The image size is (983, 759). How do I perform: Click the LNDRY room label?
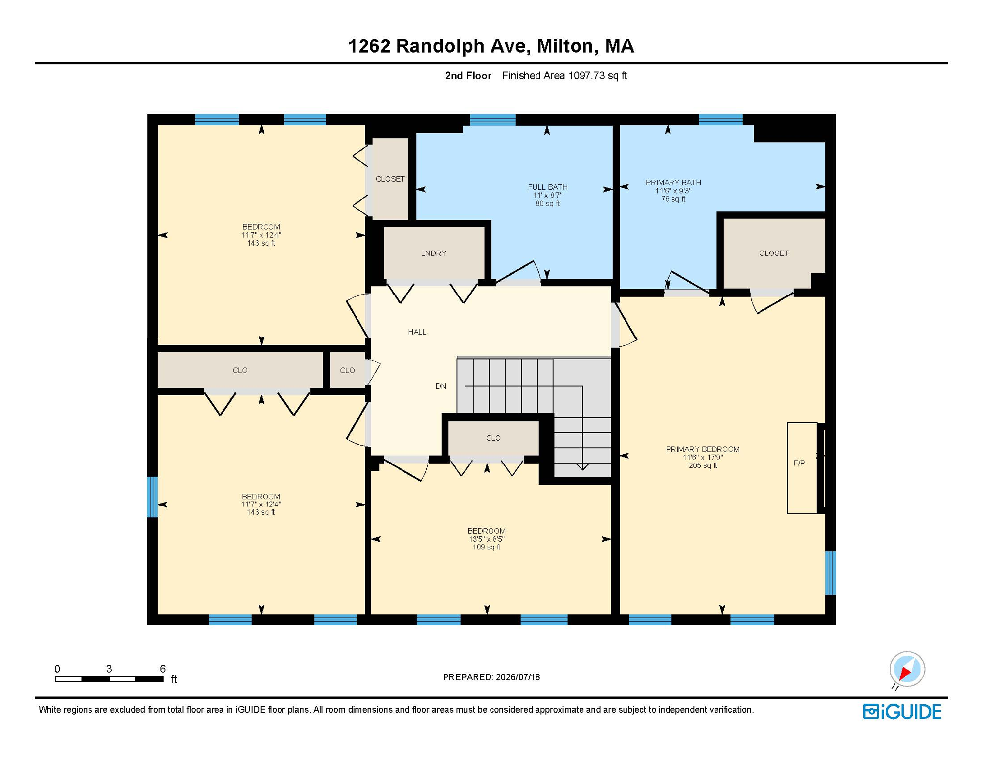pos(434,253)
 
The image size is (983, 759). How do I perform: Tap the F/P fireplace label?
pos(799,463)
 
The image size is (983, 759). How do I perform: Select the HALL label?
pos(417,332)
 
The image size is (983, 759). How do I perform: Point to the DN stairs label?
pos(441,386)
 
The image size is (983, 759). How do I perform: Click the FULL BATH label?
pos(547,187)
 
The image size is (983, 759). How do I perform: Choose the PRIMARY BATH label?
pos(673,182)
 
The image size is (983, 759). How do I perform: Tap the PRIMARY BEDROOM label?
pos(703,449)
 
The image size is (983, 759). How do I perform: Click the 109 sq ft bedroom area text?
pos(487,547)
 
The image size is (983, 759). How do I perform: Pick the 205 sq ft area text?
pos(703,465)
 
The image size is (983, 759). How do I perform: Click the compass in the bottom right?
pos(907,669)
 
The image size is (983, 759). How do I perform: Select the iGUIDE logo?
pos(902,712)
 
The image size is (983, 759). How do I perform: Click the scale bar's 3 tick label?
pos(109,669)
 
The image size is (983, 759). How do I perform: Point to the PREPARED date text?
pos(491,677)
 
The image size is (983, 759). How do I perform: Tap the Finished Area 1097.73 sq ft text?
pos(565,76)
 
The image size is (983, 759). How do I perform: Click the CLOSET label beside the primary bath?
pos(774,253)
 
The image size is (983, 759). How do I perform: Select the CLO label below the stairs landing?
pos(493,438)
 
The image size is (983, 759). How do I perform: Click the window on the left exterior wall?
pos(153,497)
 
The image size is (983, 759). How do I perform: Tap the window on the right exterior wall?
pos(831,573)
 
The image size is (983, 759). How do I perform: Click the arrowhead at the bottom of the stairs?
pos(582,467)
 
